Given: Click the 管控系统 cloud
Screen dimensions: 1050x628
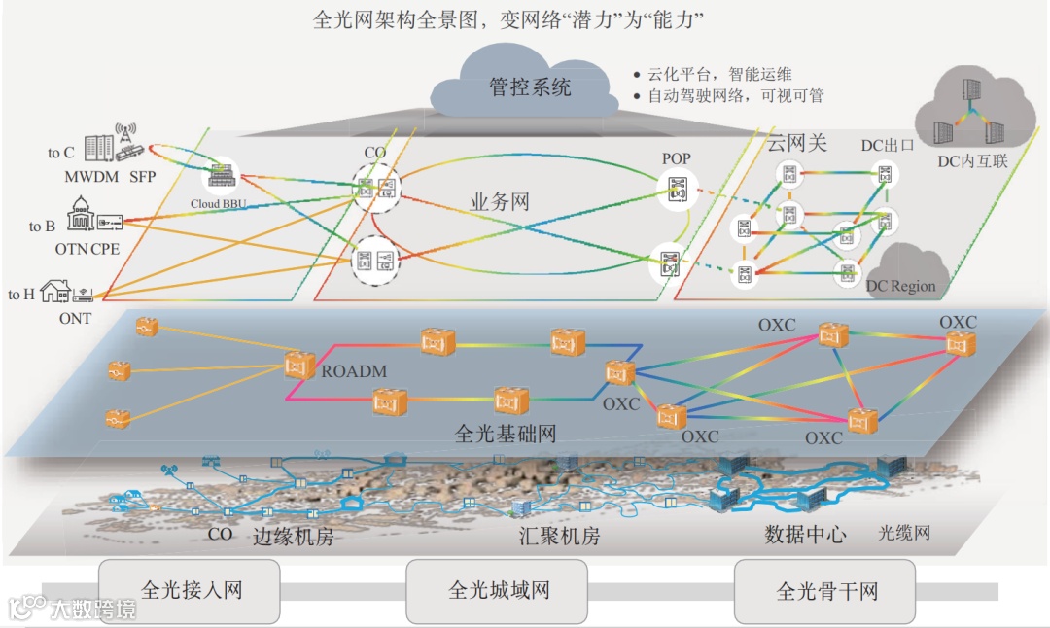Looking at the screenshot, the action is pos(530,87).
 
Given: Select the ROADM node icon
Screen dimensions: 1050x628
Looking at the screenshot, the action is pos(298,365).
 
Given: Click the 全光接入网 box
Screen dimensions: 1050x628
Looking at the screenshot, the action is pos(191,590).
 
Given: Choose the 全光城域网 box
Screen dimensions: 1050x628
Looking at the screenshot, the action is pos(499,590).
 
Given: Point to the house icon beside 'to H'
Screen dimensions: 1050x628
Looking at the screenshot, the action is pos(53,290).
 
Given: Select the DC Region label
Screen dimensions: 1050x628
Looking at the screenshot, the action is pos(901,286).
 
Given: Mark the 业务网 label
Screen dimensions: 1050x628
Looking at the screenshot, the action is pos(500,202).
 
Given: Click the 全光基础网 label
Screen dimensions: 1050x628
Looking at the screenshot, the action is pos(506,434).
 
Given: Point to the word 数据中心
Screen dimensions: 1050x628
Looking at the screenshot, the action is pos(805,535).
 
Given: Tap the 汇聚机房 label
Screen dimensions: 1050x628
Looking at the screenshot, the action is pos(559,537).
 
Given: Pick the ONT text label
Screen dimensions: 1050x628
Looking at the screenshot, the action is pos(75,319).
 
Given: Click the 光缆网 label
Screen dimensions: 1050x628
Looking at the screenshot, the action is pos(904,533).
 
